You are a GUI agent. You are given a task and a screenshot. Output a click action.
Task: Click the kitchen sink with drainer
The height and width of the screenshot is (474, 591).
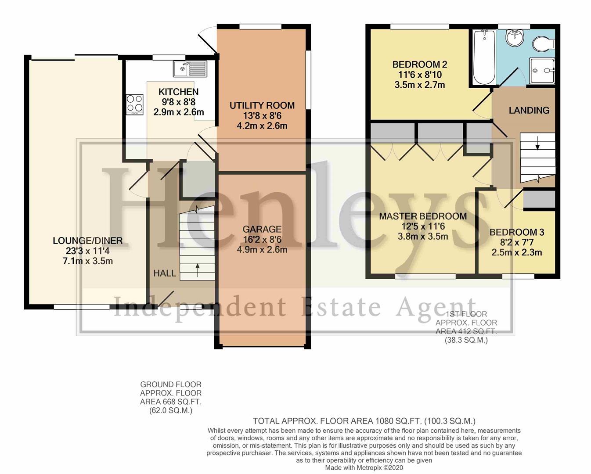tap(190, 68)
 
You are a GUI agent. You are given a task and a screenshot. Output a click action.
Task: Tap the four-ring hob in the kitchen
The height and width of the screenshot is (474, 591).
tap(134, 104)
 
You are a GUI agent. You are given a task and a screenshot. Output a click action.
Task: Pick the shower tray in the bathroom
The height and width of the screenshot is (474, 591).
tap(542, 71)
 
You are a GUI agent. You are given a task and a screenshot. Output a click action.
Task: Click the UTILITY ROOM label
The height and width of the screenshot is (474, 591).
tap(262, 105)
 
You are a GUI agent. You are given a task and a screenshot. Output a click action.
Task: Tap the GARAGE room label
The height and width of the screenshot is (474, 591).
tap(262, 229)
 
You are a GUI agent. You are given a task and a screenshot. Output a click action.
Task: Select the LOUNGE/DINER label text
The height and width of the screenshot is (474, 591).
tap(88, 241)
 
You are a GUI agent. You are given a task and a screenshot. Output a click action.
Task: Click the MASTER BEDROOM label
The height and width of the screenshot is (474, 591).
tap(423, 216)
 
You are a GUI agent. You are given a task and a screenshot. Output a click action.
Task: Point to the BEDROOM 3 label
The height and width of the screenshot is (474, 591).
tap(517, 232)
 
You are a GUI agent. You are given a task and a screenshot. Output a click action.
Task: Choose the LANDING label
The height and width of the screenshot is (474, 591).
tap(529, 110)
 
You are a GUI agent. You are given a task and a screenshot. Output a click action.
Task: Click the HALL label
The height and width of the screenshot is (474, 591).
tap(165, 273)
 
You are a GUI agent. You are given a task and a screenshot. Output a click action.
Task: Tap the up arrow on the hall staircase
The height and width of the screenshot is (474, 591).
tap(198, 270)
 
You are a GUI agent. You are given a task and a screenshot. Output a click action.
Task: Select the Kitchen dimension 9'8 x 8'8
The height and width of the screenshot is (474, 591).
tap(179, 102)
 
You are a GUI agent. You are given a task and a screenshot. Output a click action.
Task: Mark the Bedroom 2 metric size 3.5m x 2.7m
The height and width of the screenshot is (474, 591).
tap(420, 85)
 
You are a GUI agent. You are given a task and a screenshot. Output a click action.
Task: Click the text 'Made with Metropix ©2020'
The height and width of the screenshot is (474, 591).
tap(364, 467)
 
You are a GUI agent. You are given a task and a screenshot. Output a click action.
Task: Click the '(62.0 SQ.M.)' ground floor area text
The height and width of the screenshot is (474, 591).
tap(170, 411)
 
